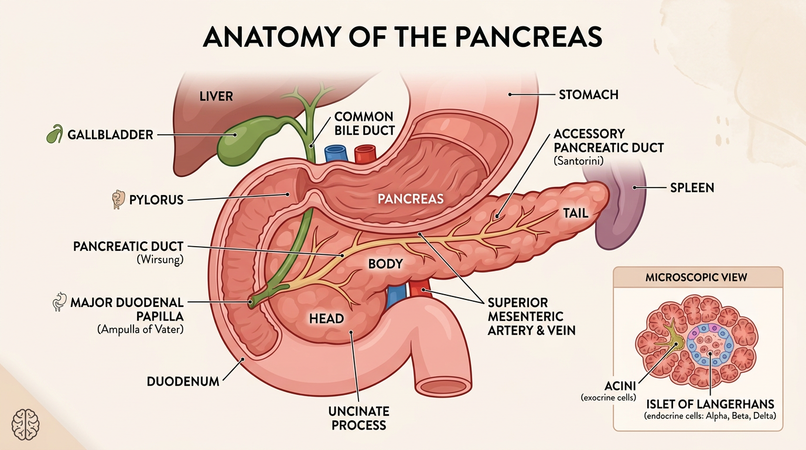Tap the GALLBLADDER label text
pos(110,135)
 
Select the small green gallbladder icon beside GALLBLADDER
pos(55,134)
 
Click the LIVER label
pos(216,96)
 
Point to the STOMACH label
pos(589,95)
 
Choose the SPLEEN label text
pos(692,187)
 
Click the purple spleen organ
pos(619,209)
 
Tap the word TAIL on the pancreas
pos(576,213)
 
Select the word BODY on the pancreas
pos(385,264)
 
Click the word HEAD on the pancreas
pos(326,318)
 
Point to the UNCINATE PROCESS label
pos(358,418)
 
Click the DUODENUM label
pos(183,381)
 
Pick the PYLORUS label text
pos(156,199)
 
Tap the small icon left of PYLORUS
pos(118,199)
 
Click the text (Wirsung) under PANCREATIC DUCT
pos(160,259)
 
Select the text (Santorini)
pos(578,161)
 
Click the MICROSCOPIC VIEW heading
pos(696,277)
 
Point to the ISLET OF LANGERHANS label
pos(710,404)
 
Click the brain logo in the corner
pos(25,424)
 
